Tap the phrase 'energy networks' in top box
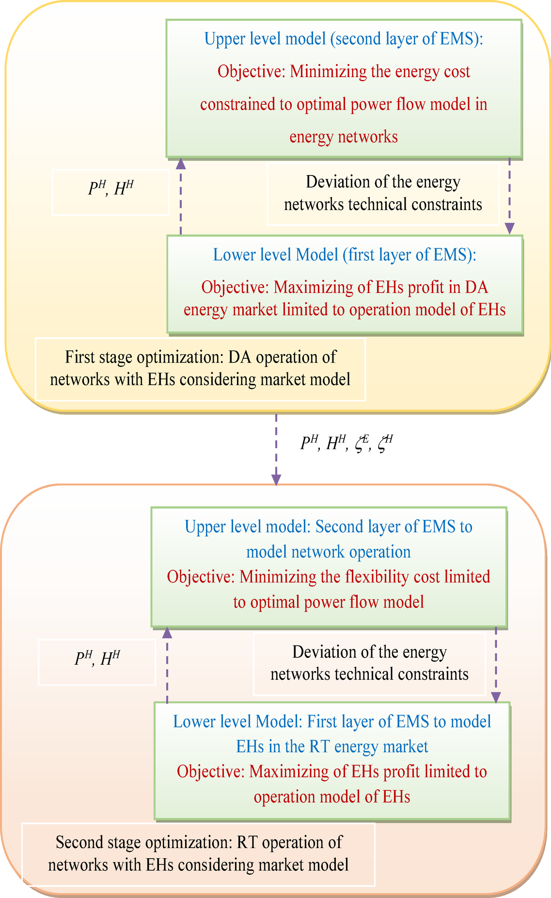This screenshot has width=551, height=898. tap(344, 137)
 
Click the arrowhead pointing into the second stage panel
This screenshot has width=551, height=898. tap(276, 480)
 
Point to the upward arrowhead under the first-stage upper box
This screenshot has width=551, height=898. tap(181, 163)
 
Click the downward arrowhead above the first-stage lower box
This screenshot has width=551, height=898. tap(509, 228)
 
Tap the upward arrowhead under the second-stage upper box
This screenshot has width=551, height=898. tap(167, 632)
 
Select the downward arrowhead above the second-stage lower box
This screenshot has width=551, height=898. tap(496, 697)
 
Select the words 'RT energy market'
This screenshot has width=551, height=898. tap(369, 746)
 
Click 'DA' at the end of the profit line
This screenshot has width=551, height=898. tap(476, 288)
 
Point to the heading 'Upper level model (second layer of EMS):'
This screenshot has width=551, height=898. tap(344, 39)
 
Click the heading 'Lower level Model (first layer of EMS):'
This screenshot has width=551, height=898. tap(345, 255)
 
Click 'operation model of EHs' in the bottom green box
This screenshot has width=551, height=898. tap(332, 797)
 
